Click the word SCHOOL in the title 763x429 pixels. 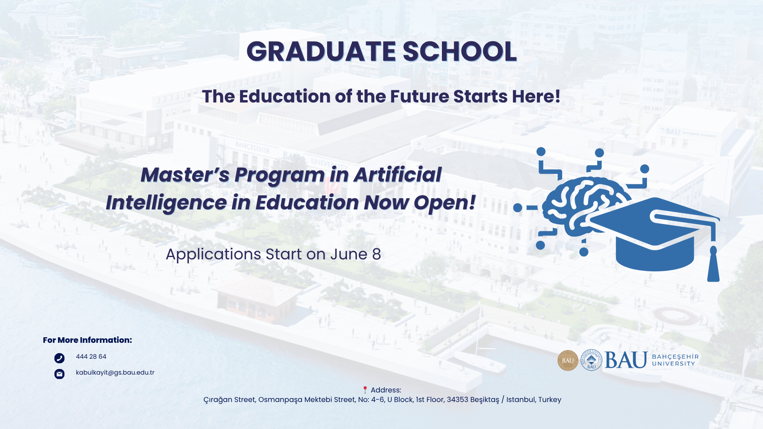[x=459, y=52]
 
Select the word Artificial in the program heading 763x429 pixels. [x=397, y=175]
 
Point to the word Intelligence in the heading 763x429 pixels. [x=166, y=203]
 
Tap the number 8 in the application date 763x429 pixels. [x=376, y=254]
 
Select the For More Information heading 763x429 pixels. [x=87, y=340]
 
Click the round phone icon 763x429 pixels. [x=59, y=358]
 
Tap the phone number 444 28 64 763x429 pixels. [x=91, y=357]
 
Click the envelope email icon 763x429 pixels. [x=59, y=374]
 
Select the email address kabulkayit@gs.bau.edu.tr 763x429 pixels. [x=115, y=373]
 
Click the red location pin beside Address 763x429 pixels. [x=365, y=390]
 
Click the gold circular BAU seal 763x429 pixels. [x=567, y=360]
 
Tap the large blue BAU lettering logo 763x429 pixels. [x=626, y=360]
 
